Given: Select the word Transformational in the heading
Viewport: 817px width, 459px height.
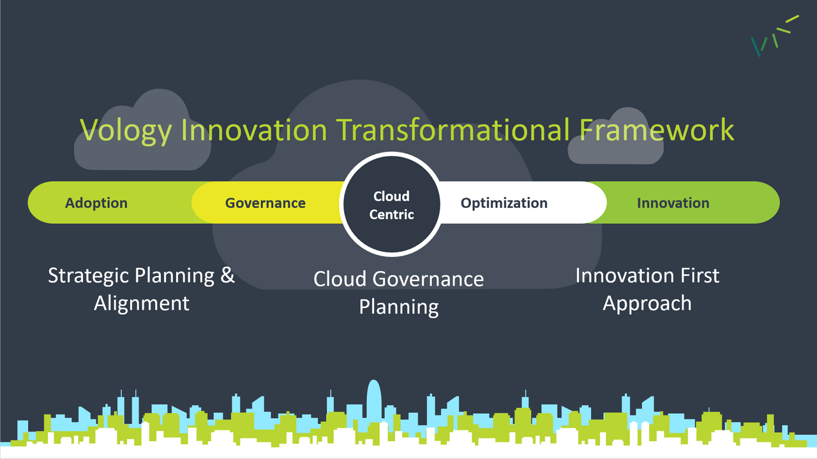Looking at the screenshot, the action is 453,130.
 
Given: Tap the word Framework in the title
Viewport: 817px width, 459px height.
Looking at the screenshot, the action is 657,130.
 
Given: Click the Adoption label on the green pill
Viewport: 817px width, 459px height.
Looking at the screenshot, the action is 96,203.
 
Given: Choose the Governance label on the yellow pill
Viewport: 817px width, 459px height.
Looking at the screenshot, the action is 265,203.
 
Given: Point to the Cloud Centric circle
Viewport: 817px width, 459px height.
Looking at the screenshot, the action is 391,205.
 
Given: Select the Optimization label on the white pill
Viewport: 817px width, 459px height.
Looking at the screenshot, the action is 504,203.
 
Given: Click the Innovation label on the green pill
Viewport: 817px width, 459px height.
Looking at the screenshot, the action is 673,203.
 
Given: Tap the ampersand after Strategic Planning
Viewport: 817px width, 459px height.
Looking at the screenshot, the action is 227,275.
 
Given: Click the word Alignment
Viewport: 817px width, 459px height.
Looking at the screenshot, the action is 142,303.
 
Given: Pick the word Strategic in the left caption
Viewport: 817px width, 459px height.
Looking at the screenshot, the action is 89,276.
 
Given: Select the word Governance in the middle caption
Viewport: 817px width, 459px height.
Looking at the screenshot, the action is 428,279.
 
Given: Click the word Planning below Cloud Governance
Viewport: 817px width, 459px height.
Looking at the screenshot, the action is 399,307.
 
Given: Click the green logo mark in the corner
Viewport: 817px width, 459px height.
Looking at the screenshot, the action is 775,36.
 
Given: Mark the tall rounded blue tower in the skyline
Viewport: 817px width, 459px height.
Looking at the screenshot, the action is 374,402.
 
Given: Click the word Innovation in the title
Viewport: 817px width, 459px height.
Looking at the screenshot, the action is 254,130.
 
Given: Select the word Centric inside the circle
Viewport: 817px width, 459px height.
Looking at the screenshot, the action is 391,215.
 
